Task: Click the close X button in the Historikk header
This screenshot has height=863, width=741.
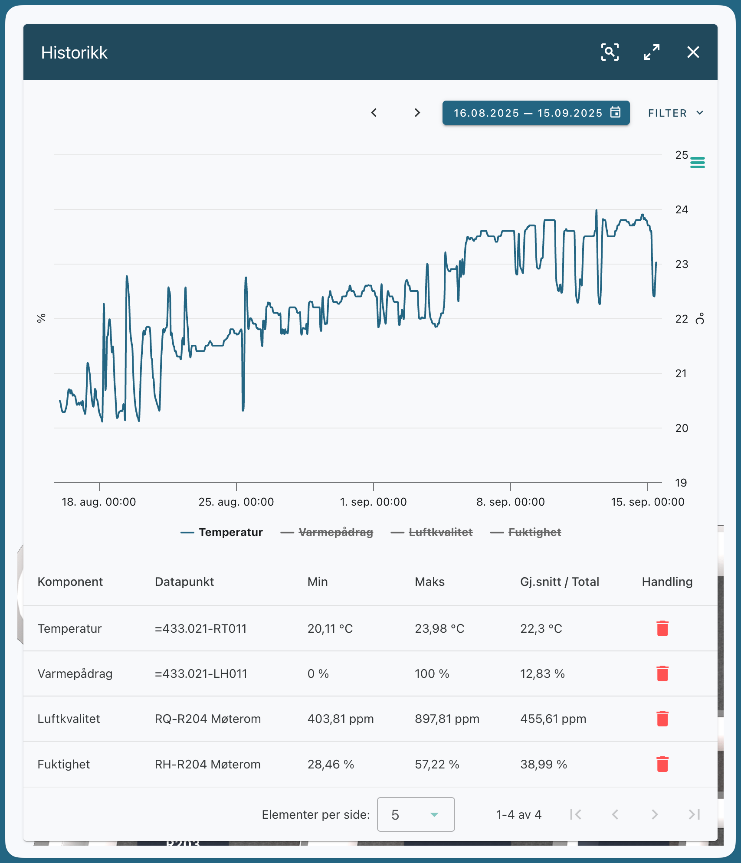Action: click(693, 52)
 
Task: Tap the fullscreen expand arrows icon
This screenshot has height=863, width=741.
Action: click(652, 52)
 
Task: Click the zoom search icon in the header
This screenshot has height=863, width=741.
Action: click(610, 52)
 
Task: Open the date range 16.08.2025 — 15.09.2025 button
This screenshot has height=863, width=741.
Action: click(536, 113)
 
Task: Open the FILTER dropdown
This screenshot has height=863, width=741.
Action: click(675, 113)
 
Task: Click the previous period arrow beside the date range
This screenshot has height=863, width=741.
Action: click(374, 113)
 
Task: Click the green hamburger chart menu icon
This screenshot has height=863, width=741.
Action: click(698, 163)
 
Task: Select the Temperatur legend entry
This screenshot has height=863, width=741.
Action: click(222, 532)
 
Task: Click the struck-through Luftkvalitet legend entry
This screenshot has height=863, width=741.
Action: click(432, 532)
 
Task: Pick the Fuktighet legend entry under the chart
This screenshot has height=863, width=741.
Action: click(526, 532)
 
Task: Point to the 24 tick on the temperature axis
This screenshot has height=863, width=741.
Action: click(682, 209)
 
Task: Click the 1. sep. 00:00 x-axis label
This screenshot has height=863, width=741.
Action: click(374, 502)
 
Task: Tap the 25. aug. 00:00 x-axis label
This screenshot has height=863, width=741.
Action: click(236, 502)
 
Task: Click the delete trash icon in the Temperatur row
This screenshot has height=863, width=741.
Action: click(662, 628)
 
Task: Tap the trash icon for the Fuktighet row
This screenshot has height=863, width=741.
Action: click(662, 764)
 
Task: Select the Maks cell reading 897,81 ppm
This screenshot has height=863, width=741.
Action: click(447, 719)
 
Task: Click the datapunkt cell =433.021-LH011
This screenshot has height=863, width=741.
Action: click(201, 673)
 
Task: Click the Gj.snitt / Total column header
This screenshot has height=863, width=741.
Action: click(560, 582)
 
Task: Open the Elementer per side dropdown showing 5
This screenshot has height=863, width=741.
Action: click(416, 814)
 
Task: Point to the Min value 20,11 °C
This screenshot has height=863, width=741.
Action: click(330, 628)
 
